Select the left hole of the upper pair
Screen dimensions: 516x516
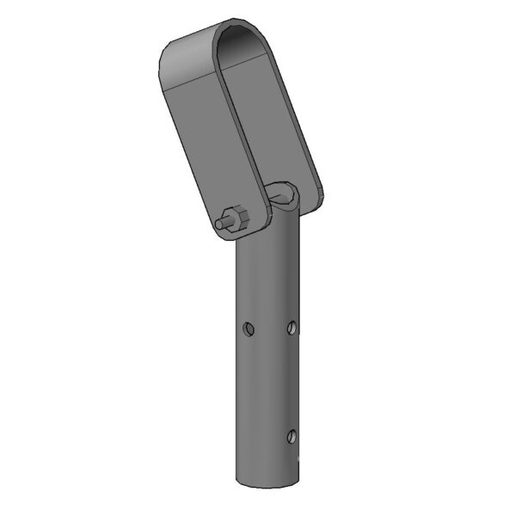point(248,328)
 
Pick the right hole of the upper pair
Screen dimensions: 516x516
point(292,327)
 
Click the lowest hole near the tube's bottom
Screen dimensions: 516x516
point(292,435)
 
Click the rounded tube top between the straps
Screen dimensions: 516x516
point(282,194)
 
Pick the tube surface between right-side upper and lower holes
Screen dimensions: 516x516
point(291,383)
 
